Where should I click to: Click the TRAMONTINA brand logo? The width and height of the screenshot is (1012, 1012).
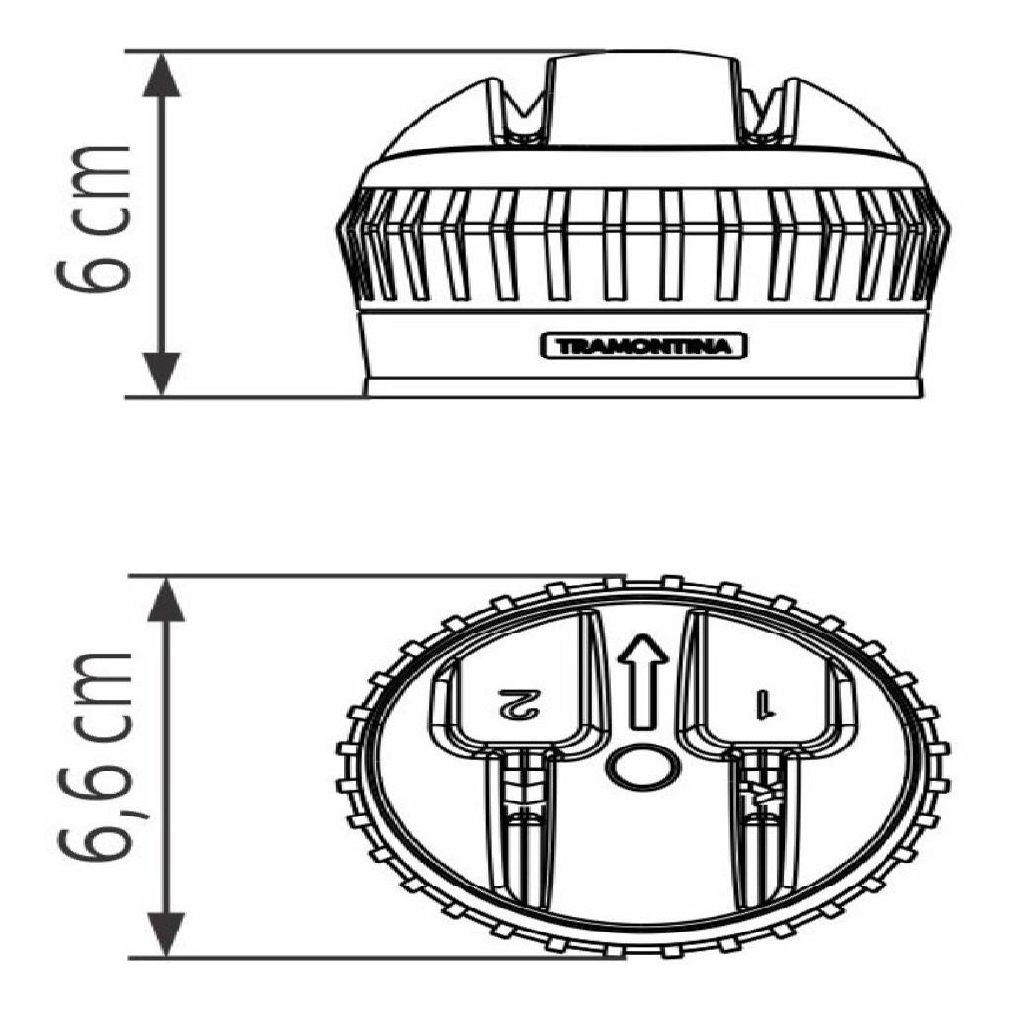(x=642, y=346)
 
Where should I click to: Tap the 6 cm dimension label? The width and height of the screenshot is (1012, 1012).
(x=94, y=220)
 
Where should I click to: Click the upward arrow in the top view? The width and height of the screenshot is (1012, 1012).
(x=642, y=683)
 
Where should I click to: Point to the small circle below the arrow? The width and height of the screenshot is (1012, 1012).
(x=642, y=767)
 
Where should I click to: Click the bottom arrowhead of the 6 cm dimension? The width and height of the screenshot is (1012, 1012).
(x=161, y=375)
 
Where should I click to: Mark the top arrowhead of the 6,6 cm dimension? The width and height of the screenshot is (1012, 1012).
(x=166, y=599)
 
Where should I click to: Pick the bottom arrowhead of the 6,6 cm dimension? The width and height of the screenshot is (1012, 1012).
(x=166, y=935)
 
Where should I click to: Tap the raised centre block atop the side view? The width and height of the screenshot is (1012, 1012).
(x=642, y=100)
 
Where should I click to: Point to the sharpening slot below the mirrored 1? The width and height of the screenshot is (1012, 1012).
(x=766, y=832)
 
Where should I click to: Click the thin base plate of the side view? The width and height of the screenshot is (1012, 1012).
(x=642, y=387)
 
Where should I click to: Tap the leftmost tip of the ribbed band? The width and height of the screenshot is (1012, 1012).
(x=338, y=227)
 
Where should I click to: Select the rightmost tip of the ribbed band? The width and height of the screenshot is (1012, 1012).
(x=950, y=227)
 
